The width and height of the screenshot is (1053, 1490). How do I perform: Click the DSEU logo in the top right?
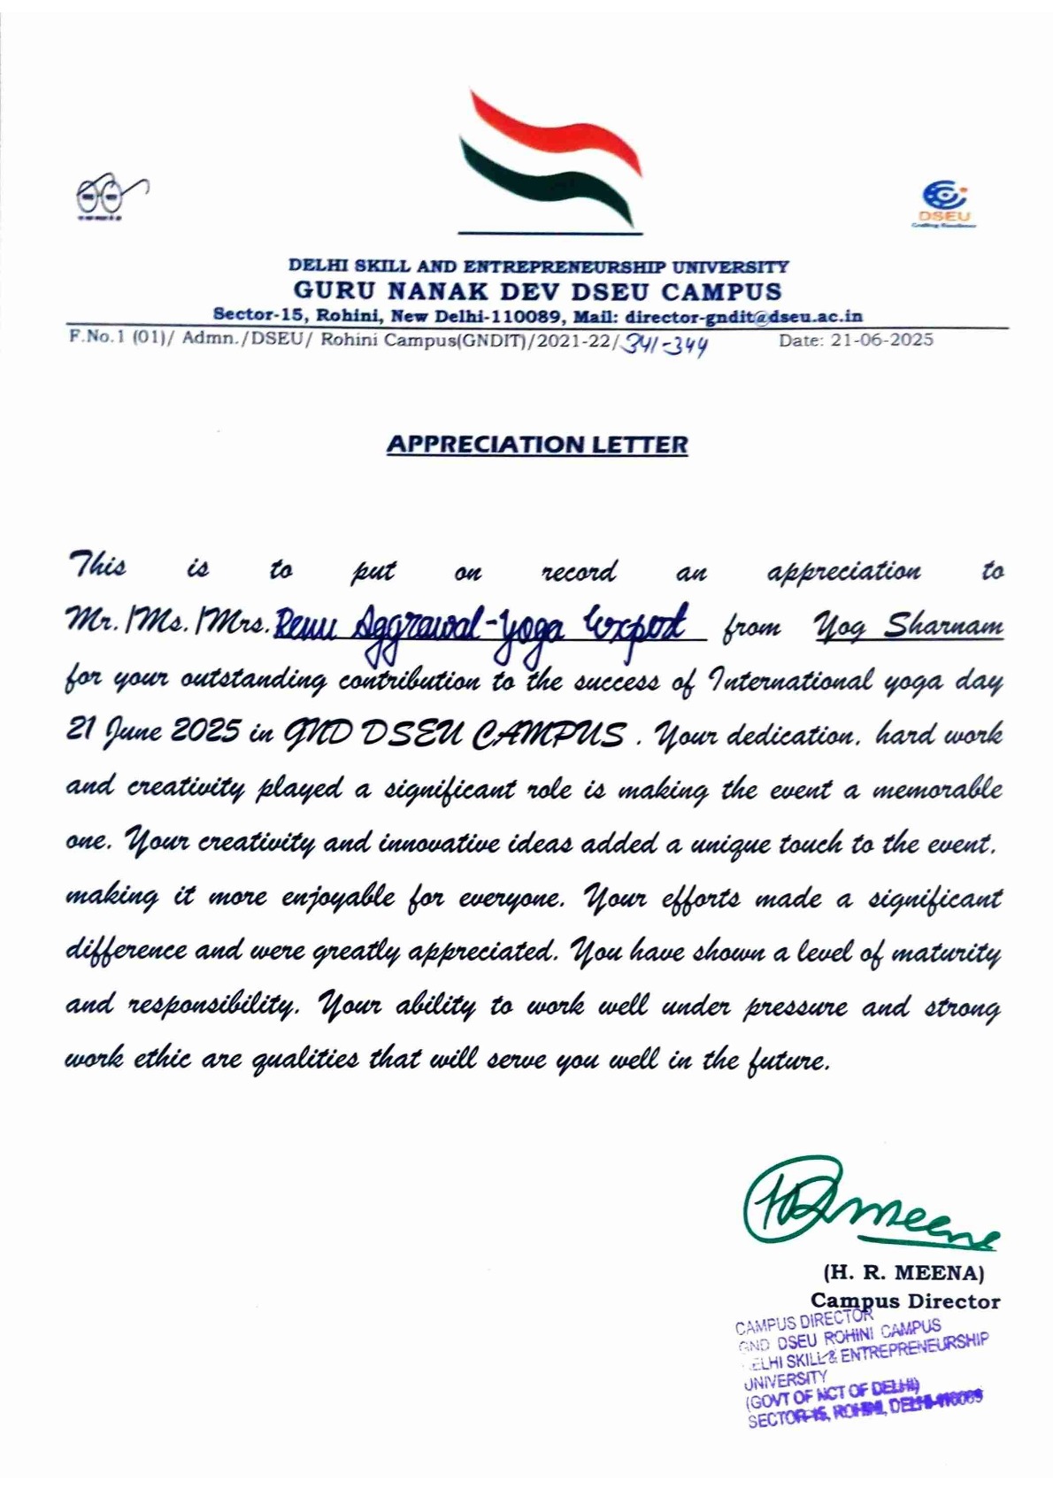click(x=943, y=204)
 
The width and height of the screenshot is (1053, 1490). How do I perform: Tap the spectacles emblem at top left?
click(x=109, y=196)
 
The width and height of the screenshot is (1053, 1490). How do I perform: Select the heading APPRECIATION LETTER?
click(x=537, y=444)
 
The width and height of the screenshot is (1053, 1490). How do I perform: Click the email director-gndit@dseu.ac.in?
click(x=743, y=316)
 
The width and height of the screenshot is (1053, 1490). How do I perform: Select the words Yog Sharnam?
click(x=908, y=627)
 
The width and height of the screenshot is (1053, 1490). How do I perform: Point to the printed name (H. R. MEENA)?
click(x=903, y=1273)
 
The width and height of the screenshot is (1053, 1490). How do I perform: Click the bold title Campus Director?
click(x=905, y=1301)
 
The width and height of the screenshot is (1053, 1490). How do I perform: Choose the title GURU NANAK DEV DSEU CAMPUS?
click(x=537, y=290)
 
